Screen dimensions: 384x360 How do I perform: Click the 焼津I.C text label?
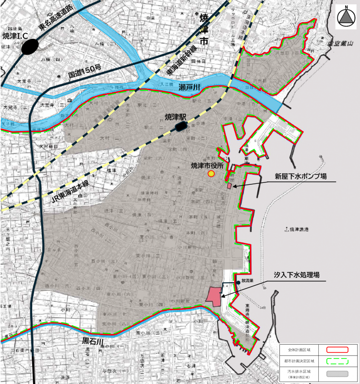15,36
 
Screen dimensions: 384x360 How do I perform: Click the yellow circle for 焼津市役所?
211,174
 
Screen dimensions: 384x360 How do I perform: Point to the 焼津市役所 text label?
208,166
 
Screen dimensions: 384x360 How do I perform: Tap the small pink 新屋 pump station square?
229,186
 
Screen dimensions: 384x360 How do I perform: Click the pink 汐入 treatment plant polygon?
214,296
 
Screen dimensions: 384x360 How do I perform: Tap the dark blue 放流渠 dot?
238,282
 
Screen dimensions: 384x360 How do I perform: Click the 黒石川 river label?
93,342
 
